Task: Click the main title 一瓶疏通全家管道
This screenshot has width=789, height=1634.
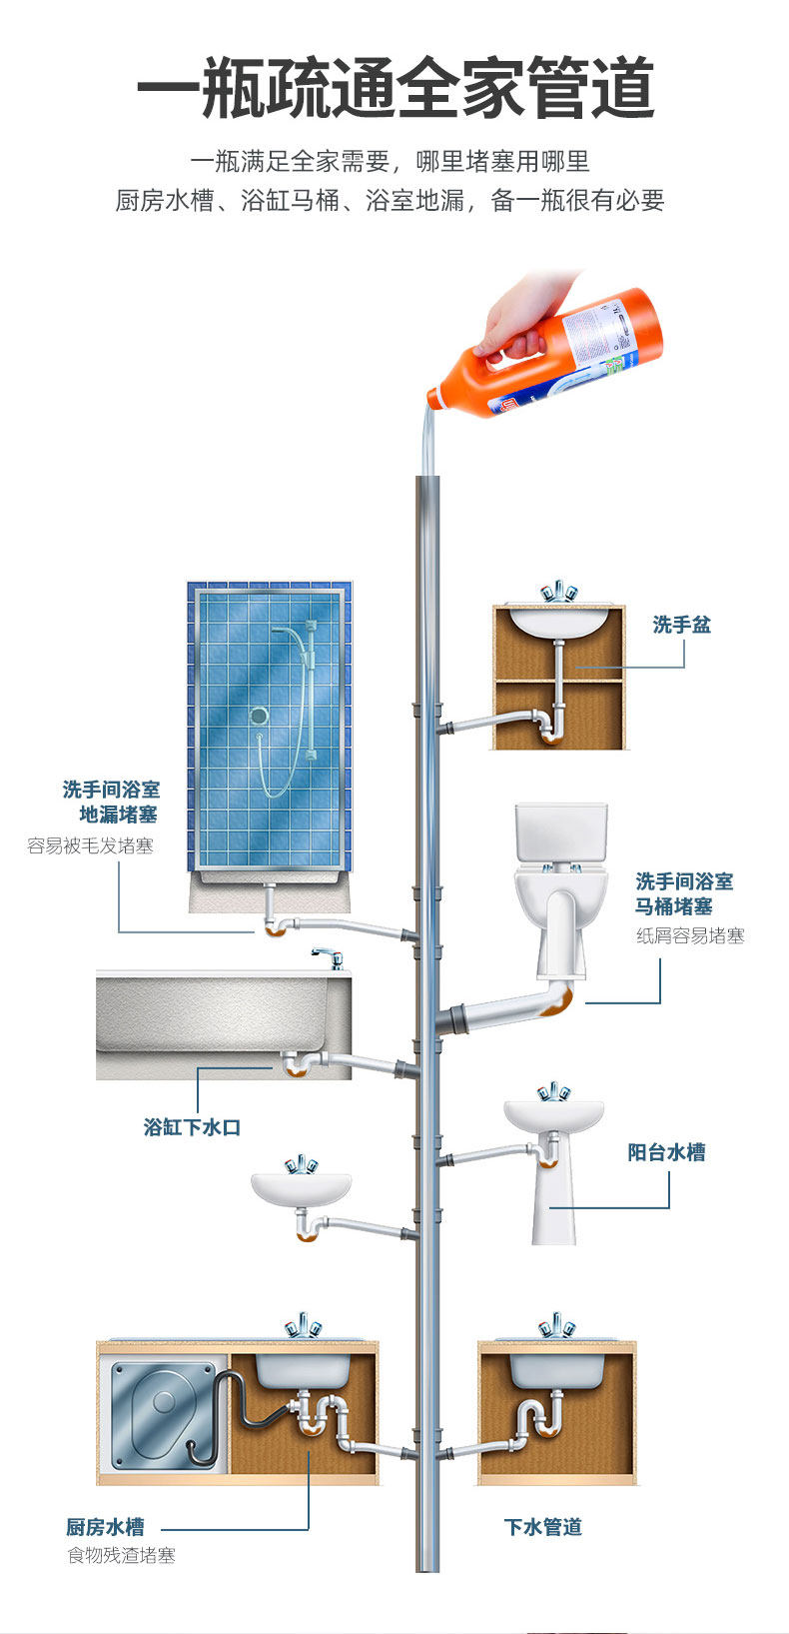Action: click(x=394, y=88)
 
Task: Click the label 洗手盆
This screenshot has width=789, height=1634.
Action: click(x=681, y=625)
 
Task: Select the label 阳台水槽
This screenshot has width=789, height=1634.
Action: click(x=666, y=1152)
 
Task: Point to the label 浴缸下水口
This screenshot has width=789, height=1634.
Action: click(x=192, y=1127)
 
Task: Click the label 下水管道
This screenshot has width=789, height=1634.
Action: click(x=542, y=1527)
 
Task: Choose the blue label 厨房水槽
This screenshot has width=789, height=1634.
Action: click(x=105, y=1527)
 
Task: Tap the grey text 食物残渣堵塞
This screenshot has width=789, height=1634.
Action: click(x=121, y=1555)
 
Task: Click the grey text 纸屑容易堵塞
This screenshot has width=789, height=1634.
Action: click(x=690, y=936)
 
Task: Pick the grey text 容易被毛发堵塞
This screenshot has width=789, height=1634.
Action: click(x=90, y=846)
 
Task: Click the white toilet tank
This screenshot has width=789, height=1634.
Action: click(x=560, y=831)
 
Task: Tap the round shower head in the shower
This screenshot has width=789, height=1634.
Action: click(x=259, y=716)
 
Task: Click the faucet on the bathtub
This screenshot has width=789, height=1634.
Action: click(x=329, y=959)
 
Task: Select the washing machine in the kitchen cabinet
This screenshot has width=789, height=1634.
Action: click(x=162, y=1411)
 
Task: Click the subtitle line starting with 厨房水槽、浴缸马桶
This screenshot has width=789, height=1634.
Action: click(x=390, y=201)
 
